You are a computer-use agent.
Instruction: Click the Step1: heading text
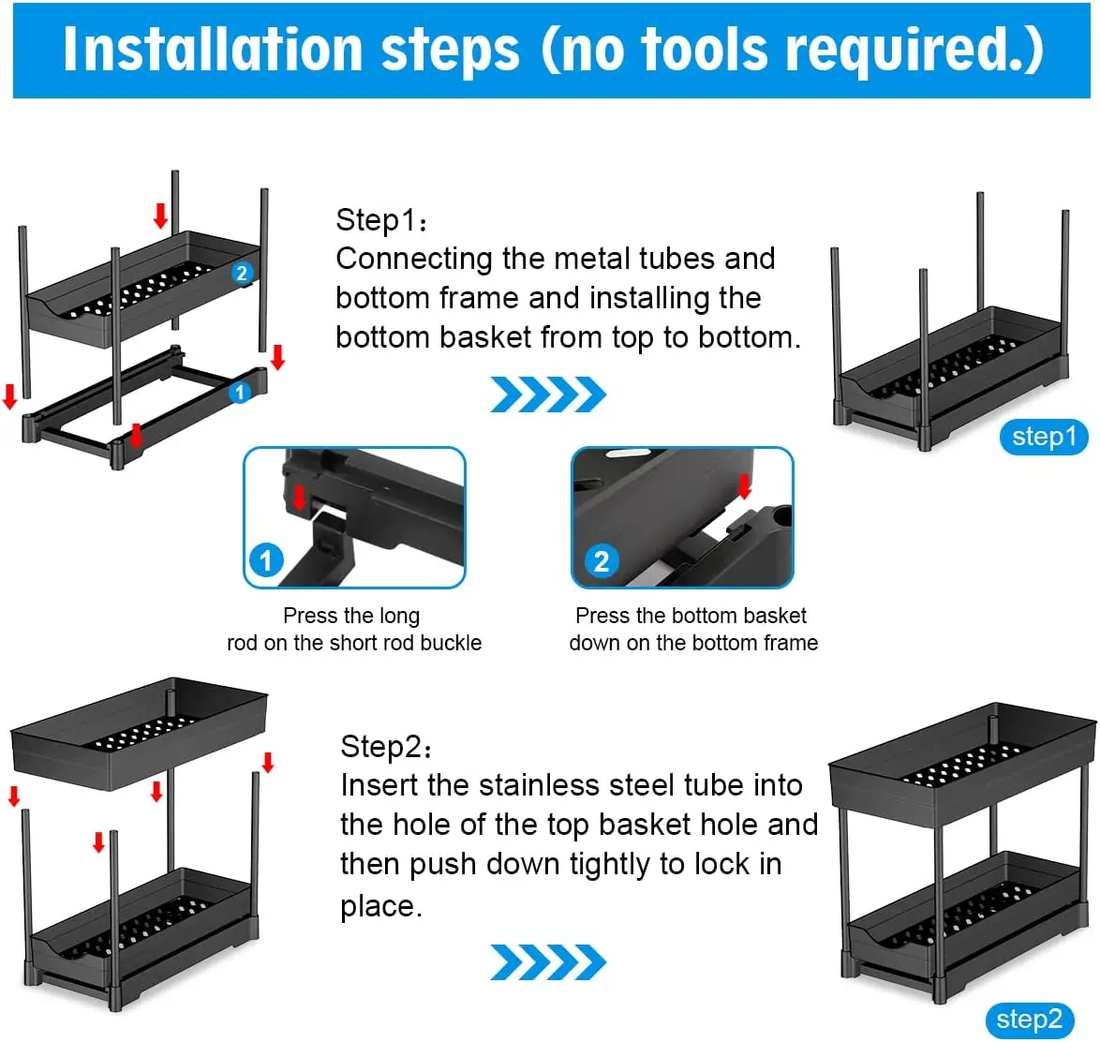pyautogui.click(x=381, y=220)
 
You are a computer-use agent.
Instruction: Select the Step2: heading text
pyautogui.click(x=385, y=747)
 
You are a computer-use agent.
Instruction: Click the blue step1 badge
pyautogui.click(x=1043, y=438)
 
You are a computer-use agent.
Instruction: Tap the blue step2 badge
pyautogui.click(x=1029, y=1020)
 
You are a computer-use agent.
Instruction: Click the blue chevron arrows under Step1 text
pyautogui.click(x=548, y=394)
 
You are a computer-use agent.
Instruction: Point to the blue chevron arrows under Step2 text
pyautogui.click(x=548, y=962)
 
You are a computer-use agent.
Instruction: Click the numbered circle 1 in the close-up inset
pyautogui.click(x=267, y=560)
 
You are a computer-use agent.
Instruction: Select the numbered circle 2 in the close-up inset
pyautogui.click(x=602, y=561)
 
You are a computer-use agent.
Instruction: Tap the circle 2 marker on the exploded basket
pyautogui.click(x=242, y=273)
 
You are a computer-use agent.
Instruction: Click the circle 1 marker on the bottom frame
pyautogui.click(x=240, y=393)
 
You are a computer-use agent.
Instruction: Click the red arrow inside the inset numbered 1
pyautogui.click(x=300, y=497)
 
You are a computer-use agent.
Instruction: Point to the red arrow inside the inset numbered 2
pyautogui.click(x=744, y=484)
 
